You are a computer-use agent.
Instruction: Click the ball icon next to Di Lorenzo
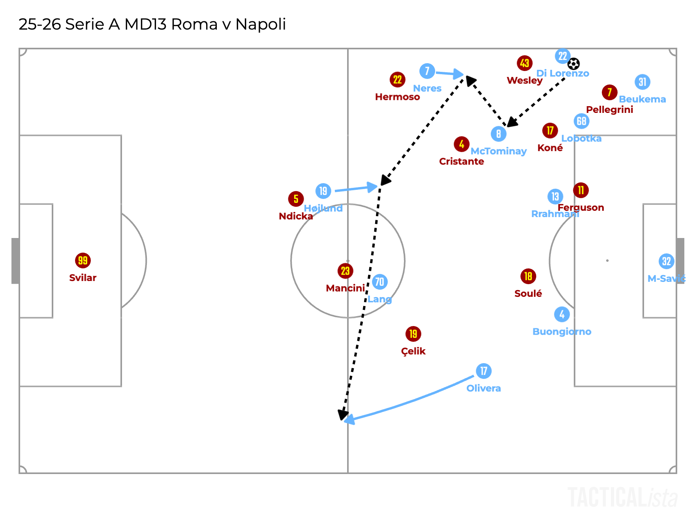573,64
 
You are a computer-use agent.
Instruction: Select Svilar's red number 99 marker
83,260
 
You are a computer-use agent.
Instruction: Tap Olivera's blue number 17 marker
483,371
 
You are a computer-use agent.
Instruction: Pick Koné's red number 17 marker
550,131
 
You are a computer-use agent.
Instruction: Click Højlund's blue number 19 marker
323,191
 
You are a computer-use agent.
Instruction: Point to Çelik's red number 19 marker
413,334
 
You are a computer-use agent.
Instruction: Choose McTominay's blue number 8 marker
498,134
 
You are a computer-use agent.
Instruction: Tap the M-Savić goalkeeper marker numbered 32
666,261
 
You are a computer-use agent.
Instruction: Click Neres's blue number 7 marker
427,71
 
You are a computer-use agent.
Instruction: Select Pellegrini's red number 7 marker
609,92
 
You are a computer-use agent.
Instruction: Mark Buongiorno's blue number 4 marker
562,315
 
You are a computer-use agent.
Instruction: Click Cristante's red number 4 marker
461,144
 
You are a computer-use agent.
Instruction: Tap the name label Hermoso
397,97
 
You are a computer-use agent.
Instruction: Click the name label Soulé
528,294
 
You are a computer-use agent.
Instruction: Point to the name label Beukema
642,99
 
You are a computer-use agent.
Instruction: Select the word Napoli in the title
261,24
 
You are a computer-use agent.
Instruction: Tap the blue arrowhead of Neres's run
458,74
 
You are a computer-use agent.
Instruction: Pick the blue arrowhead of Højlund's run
372,187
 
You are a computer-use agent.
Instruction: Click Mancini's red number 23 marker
345,271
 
